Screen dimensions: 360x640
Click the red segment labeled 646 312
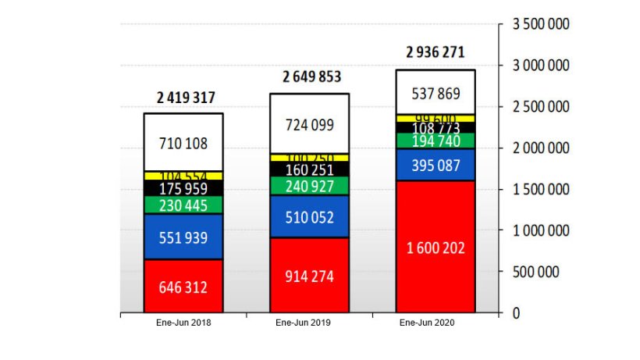(183, 287)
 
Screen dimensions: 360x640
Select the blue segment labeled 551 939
(183, 237)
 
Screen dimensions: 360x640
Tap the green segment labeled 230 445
(183, 205)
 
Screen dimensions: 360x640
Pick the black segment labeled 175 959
(183, 188)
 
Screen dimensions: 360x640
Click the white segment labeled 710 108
(183, 144)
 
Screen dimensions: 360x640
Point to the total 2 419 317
(186, 98)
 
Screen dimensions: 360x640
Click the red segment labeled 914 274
(310, 276)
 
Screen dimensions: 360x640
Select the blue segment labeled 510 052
(310, 216)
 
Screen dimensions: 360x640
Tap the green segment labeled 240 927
(310, 186)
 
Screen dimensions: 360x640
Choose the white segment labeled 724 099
(310, 124)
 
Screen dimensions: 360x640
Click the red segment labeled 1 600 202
(436, 248)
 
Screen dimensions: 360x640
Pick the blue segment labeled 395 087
(436, 165)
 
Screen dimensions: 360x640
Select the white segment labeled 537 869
(436, 93)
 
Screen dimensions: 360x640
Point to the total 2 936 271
(436, 53)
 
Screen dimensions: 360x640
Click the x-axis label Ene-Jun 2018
(183, 323)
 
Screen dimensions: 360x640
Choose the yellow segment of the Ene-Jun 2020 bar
(436, 118)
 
